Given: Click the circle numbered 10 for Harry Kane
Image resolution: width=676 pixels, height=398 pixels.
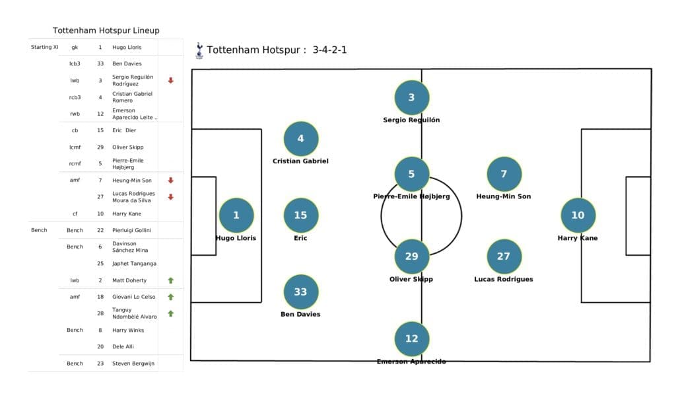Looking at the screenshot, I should (x=578, y=215).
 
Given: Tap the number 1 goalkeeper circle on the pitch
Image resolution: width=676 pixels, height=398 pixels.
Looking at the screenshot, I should (x=236, y=215).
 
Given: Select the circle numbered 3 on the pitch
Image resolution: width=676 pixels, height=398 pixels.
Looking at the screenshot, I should (x=411, y=97).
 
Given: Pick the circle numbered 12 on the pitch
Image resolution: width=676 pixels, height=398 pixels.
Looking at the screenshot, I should (x=411, y=338).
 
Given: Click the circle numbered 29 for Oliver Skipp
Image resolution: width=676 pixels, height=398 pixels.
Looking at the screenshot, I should (x=411, y=256).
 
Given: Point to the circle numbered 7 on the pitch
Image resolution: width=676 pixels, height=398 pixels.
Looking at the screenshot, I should (x=504, y=174).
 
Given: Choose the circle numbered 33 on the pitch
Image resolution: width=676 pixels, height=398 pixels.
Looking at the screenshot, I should (x=300, y=292).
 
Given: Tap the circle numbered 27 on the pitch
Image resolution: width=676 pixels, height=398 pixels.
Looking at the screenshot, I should (x=504, y=256).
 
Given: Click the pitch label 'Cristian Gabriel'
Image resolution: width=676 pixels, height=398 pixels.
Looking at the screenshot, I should (x=300, y=161).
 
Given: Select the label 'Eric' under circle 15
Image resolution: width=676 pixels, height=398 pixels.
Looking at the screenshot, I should (x=300, y=238).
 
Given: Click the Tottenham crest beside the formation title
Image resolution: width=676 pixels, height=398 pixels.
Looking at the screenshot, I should (x=199, y=50).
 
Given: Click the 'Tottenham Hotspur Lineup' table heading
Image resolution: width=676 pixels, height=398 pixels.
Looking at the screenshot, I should (x=106, y=30).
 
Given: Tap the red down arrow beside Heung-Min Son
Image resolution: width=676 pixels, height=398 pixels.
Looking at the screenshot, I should (x=170, y=180).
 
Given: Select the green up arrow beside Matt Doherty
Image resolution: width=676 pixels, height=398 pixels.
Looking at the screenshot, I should (x=170, y=280).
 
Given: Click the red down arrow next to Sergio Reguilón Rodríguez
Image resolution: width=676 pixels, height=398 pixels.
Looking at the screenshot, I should (x=170, y=80).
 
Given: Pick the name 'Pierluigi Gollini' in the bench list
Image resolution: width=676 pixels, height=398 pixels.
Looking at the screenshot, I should (x=132, y=230).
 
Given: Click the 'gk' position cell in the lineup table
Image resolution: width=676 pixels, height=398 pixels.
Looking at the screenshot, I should (x=75, y=48).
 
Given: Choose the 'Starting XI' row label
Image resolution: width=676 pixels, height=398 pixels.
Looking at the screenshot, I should (x=45, y=48).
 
